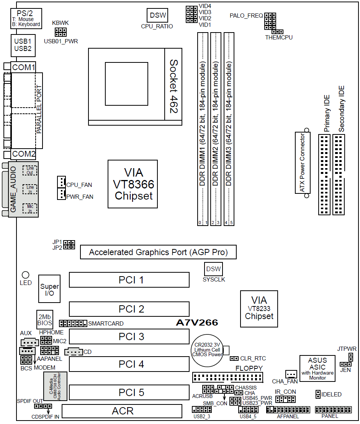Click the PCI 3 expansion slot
coord(129,336)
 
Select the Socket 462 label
coord(173,86)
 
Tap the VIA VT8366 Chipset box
coord(133,184)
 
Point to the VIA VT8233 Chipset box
coord(259,309)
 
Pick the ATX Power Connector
coord(302,163)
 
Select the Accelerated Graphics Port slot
coord(158,252)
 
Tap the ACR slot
coord(122,411)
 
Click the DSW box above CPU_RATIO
coord(158,15)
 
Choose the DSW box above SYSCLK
coord(213,269)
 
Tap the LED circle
coord(26,275)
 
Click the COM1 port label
coord(23,67)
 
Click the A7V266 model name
coord(197,323)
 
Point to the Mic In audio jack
coord(29,209)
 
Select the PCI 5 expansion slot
coord(129,391)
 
